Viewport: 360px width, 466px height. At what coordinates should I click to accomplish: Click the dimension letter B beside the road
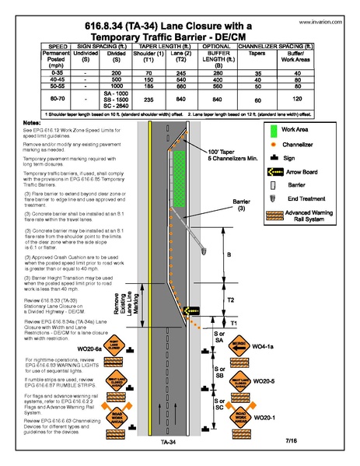[x=228, y=253]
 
